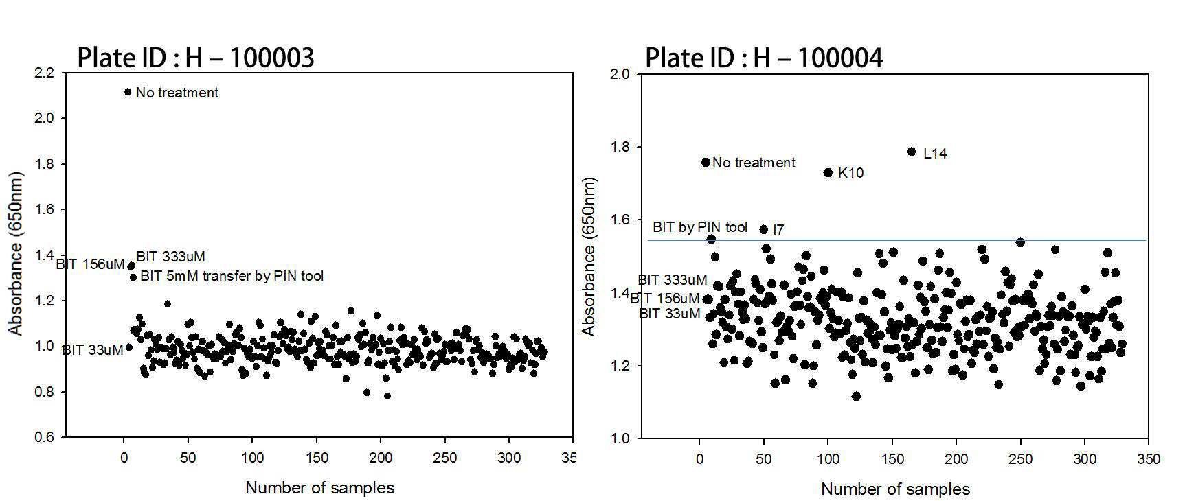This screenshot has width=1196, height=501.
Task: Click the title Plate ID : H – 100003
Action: click(196, 58)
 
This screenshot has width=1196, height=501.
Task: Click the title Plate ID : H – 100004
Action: click(764, 58)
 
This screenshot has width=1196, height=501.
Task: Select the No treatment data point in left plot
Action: click(128, 92)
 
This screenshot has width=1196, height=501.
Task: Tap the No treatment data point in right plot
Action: click(706, 163)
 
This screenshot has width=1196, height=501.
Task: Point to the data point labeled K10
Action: click(828, 173)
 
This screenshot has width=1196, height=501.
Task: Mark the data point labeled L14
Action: click(912, 152)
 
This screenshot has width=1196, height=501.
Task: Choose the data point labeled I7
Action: click(763, 229)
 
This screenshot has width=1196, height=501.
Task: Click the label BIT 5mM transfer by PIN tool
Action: click(232, 276)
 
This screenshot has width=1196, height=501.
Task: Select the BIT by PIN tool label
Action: click(700, 227)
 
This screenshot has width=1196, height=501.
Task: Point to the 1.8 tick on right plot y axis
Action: click(620, 147)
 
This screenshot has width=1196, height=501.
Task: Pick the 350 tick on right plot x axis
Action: click(1149, 458)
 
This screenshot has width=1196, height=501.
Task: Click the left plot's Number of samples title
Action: click(320, 488)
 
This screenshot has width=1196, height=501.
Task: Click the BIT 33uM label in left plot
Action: click(93, 350)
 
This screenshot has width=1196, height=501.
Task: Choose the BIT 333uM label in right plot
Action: click(673, 280)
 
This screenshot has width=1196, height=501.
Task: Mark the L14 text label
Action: click(935, 154)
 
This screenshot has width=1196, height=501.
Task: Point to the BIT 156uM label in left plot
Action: click(90, 264)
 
